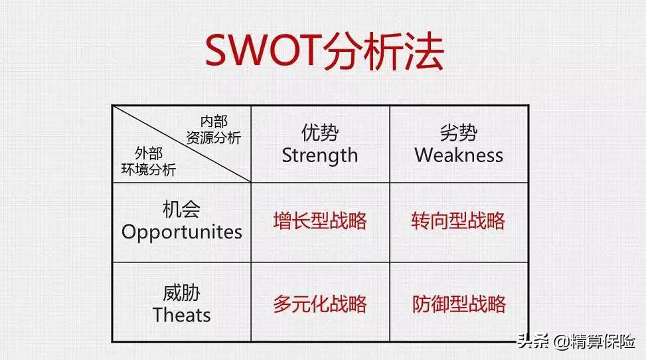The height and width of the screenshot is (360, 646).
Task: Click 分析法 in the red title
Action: coord(383,50)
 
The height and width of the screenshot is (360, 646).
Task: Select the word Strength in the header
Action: coord(320,156)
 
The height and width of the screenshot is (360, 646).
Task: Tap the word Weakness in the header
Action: coord(459,155)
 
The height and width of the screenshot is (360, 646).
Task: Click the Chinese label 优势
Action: coord(320,133)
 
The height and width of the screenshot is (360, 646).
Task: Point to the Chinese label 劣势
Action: coord(459,133)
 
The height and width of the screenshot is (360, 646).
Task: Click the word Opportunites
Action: coord(182,232)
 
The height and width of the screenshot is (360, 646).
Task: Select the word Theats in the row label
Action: coord(182,315)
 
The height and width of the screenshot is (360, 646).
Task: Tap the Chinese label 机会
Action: coord(182,209)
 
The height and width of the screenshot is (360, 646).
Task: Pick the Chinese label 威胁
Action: coord(182,294)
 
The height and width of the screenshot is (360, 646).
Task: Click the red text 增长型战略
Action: coord(320,221)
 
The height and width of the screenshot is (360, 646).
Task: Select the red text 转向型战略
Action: coord(458,221)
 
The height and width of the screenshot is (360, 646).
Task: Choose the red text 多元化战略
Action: coord(320,304)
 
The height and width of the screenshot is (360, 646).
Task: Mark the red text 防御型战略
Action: coord(459,304)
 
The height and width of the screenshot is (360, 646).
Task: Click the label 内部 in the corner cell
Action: coord(214,122)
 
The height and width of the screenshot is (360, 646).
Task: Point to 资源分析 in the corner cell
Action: coord(213,137)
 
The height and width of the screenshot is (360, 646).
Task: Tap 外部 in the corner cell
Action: coord(149,153)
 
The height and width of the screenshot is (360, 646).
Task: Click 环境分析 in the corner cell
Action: coord(149,169)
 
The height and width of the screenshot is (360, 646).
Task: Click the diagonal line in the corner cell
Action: coord(182,144)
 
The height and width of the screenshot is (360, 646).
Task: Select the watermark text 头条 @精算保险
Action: coord(576,341)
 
